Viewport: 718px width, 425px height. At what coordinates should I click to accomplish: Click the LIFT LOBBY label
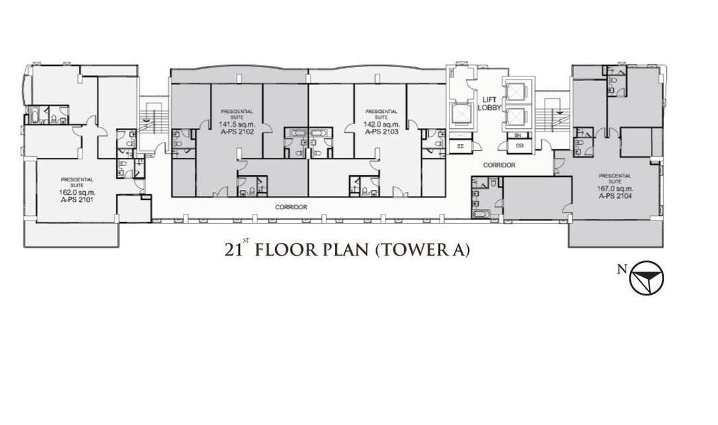[x=489, y=104]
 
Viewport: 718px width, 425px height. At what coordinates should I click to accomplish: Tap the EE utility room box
[x=461, y=146]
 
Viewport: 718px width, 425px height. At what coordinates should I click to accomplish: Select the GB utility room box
[x=519, y=146]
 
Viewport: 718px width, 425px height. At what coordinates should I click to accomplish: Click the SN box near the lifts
[x=518, y=135]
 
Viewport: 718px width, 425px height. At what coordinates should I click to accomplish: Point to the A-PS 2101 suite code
[x=77, y=199]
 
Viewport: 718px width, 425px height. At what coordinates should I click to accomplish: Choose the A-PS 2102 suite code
[x=236, y=131]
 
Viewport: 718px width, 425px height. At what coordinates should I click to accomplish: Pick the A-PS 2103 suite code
[x=382, y=131]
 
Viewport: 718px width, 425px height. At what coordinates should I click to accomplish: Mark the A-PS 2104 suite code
[x=616, y=196]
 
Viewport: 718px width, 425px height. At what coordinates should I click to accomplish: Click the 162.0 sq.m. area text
[x=77, y=192]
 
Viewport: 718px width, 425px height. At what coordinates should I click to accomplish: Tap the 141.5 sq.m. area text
[x=237, y=124]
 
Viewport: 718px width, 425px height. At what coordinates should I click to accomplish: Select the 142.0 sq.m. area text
[x=382, y=124]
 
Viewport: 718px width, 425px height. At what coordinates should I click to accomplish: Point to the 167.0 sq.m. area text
[x=615, y=189]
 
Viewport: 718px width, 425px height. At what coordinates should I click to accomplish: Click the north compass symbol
[x=647, y=278]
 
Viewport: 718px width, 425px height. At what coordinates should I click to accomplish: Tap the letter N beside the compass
[x=622, y=270]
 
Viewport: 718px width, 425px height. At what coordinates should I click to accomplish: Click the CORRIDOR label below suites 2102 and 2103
[x=291, y=207]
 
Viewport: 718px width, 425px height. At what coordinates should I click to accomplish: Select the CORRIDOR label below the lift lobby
[x=499, y=165]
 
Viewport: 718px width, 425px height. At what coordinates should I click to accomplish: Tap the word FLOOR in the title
[x=285, y=250]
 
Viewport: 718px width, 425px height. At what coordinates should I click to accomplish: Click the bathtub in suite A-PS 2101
[x=33, y=115]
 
